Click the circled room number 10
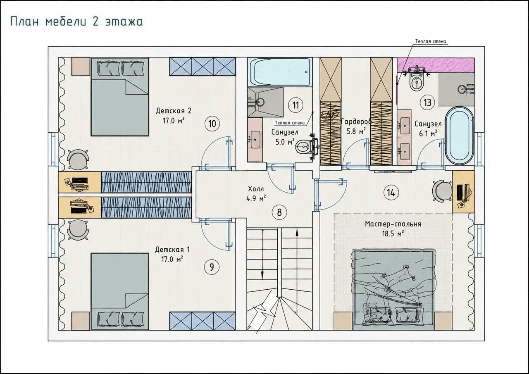[x=212, y=124]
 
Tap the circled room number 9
[x=212, y=267]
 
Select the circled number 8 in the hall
[x=279, y=212]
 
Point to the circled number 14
[x=391, y=193]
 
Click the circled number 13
[x=427, y=103]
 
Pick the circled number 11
[x=295, y=105]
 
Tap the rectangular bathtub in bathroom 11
[x=280, y=72]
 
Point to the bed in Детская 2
[x=120, y=97]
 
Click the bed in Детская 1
[x=120, y=292]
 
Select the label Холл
[x=256, y=189]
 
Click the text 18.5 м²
[x=393, y=234]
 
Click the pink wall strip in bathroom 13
[x=436, y=65]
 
